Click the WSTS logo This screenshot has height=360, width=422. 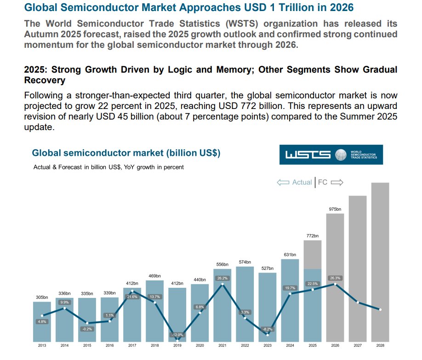[331, 155]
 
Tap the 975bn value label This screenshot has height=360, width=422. [335, 209]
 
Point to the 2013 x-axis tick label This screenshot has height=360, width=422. [42, 345]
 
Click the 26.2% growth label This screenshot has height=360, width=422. [222, 278]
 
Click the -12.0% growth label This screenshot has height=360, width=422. [177, 335]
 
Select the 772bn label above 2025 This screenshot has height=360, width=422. [313, 235]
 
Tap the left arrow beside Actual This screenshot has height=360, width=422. [283, 183]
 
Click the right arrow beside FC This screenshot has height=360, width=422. [337, 183]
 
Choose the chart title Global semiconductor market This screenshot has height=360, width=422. [126, 153]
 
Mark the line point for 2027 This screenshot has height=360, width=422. [358, 302]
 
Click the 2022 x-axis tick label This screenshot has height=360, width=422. [245, 345]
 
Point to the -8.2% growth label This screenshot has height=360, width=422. [268, 329]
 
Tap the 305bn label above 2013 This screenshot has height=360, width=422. [42, 297]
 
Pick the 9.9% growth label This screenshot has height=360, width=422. [64, 302]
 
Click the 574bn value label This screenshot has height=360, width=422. [245, 262]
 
